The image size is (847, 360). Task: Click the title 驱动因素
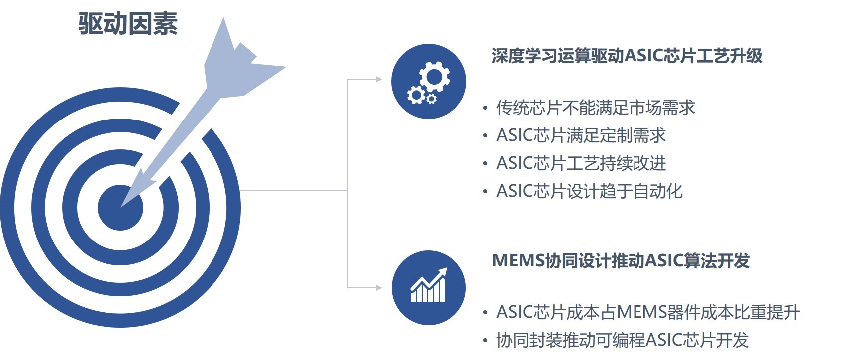click(x=128, y=24)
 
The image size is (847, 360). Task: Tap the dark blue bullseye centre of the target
click(x=120, y=208)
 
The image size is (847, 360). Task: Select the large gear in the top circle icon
click(x=434, y=77)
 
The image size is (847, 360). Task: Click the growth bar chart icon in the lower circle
click(x=428, y=285)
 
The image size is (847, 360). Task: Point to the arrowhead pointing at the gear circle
click(x=379, y=79)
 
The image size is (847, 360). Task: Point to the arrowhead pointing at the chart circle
click(x=379, y=288)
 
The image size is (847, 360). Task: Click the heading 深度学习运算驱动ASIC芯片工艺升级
click(x=627, y=56)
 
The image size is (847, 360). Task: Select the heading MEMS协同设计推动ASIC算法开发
click(x=621, y=260)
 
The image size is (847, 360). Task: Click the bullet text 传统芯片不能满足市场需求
click(x=596, y=108)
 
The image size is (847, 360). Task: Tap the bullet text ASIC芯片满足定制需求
click(x=581, y=135)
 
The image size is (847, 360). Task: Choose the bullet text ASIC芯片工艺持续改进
click(x=581, y=163)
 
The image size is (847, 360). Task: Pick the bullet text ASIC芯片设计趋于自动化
click(x=590, y=191)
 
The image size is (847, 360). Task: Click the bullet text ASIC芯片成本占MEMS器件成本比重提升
click(x=648, y=312)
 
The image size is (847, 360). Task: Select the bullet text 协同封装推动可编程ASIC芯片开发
click(x=623, y=340)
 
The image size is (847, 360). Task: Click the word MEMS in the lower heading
click(x=519, y=260)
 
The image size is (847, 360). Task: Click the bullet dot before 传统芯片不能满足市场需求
click(x=485, y=108)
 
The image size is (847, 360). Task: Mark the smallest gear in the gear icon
click(x=431, y=98)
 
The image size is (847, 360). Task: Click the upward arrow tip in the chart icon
click(x=446, y=269)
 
